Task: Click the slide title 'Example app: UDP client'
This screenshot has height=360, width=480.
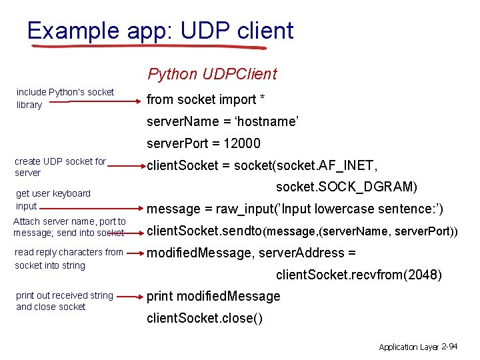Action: [x=160, y=31]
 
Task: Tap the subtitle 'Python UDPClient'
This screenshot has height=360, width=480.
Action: [x=212, y=74]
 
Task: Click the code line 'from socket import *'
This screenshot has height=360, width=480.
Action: [x=206, y=99]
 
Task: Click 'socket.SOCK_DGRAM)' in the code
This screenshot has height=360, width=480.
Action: [x=346, y=187]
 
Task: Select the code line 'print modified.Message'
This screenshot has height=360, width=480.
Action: [x=213, y=296]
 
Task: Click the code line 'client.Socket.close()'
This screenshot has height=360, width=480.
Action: [x=205, y=318]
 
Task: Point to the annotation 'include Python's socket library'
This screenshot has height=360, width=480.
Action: [x=65, y=98]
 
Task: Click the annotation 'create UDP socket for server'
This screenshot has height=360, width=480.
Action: [x=60, y=167]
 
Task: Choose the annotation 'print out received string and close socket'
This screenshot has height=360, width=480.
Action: [x=64, y=301]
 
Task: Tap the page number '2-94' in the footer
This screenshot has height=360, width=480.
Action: [x=449, y=347]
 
